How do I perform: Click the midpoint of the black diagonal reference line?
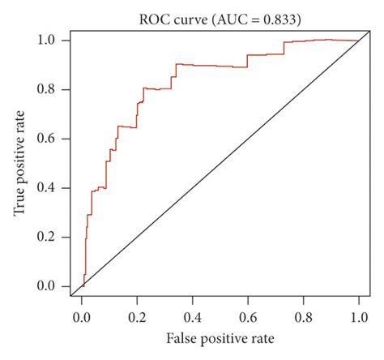(220, 163)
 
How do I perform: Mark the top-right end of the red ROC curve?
(358, 41)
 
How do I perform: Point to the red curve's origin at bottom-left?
(82, 286)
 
